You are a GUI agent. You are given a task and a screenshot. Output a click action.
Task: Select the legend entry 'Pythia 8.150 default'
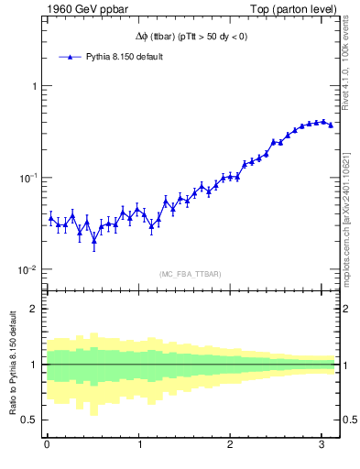click(124, 57)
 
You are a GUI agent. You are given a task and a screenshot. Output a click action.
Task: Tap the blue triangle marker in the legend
click(69, 57)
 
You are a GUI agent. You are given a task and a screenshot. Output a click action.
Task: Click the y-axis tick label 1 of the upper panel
click(32, 86)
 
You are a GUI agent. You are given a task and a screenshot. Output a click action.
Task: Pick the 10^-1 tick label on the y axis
click(27, 178)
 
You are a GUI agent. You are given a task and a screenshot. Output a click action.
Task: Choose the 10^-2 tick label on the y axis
click(27, 269)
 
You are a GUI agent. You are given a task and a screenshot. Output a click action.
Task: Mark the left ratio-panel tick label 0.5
click(28, 420)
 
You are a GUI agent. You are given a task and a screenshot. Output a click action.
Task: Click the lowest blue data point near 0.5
click(93, 243)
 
